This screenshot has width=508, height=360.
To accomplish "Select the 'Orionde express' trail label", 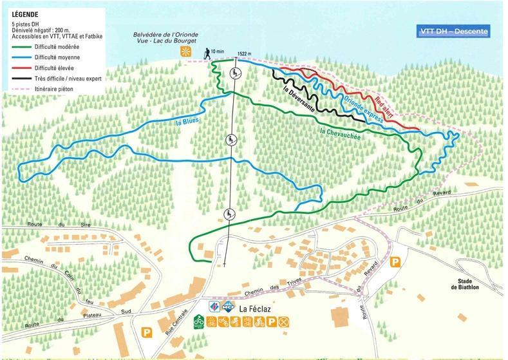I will (x=363, y=109).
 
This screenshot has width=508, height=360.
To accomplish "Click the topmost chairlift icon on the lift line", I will (x=237, y=73).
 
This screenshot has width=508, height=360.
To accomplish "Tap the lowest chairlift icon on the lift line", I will (x=228, y=214).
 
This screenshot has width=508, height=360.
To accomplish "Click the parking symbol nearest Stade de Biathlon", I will (x=397, y=262).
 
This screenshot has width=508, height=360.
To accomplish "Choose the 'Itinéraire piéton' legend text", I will (x=55, y=86).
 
